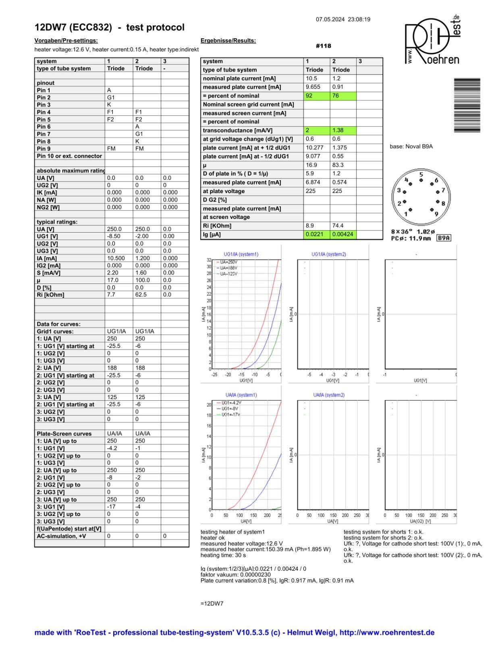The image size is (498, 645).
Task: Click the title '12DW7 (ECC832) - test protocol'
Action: (109, 27)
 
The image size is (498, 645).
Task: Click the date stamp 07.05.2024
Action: (330, 19)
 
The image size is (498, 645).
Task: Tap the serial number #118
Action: (323, 46)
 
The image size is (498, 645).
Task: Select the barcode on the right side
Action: (467, 105)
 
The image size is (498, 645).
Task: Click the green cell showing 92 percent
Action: (317, 96)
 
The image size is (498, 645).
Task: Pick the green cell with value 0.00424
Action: (343, 234)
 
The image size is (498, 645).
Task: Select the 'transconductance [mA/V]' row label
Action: (238, 131)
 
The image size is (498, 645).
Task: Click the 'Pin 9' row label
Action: (44, 149)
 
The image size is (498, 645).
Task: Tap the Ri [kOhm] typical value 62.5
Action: (141, 295)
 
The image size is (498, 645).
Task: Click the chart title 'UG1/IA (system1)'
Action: (241, 254)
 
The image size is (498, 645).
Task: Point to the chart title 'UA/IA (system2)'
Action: (329, 395)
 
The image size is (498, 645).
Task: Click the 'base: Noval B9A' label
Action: (411, 146)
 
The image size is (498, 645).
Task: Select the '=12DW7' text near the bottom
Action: (212, 603)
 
